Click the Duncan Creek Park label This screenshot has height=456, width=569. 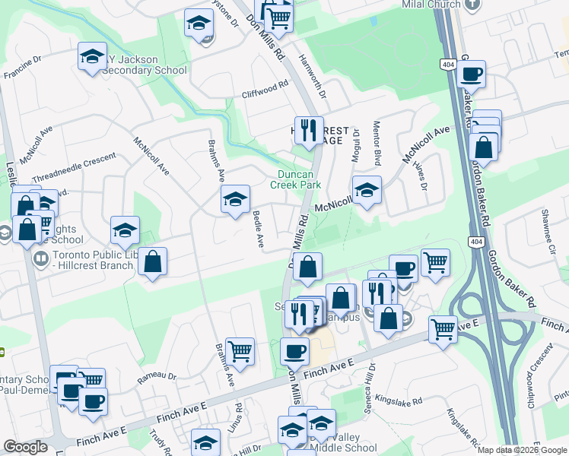coord(297,179)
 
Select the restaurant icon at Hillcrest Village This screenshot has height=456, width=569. coord(309,130)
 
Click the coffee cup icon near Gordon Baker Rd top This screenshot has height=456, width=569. coord(472,74)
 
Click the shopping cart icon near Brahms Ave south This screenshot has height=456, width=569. coord(240,351)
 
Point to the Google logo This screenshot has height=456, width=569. coord(25,447)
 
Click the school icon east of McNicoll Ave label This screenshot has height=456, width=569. coord(367,190)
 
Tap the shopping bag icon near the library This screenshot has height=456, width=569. coord(152,261)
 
